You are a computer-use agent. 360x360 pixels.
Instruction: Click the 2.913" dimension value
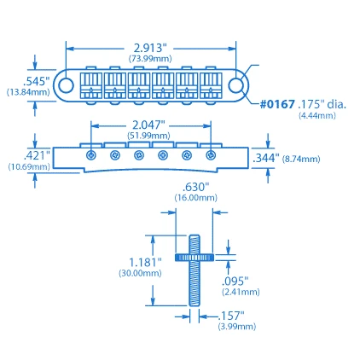[151, 48]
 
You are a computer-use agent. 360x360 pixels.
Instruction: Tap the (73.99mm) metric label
[151, 58]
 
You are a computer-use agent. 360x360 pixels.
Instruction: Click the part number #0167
[277, 105]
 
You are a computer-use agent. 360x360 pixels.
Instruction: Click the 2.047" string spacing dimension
[151, 124]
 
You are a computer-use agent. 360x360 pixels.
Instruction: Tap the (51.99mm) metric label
[151, 135]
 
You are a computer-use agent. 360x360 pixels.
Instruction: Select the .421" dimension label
[38, 155]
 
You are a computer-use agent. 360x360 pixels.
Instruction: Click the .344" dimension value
[265, 158]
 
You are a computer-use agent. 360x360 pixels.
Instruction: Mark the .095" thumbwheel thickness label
[235, 281]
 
